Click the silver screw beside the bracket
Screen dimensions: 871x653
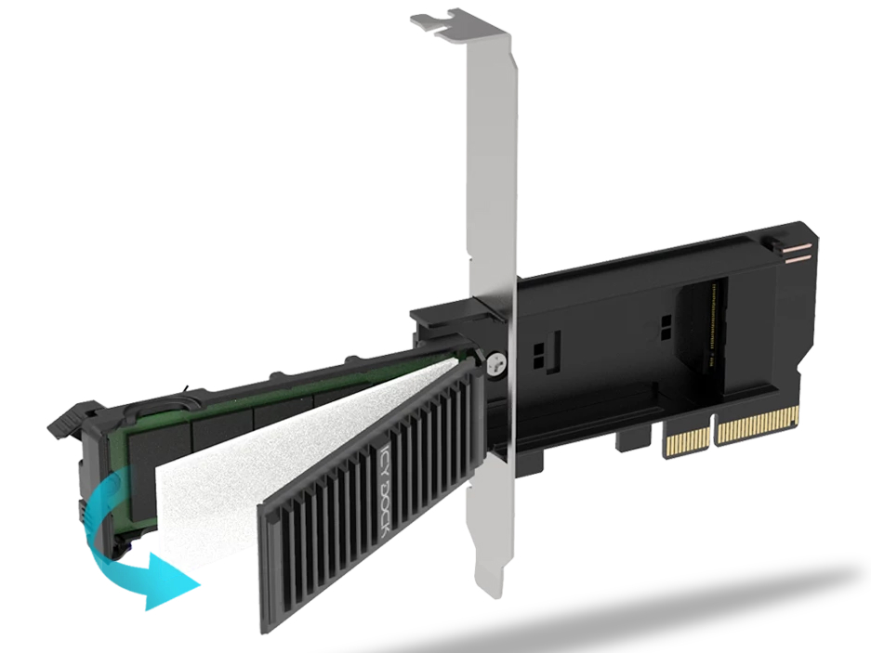click(x=497, y=365)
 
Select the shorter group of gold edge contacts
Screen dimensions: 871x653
click(x=688, y=436)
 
